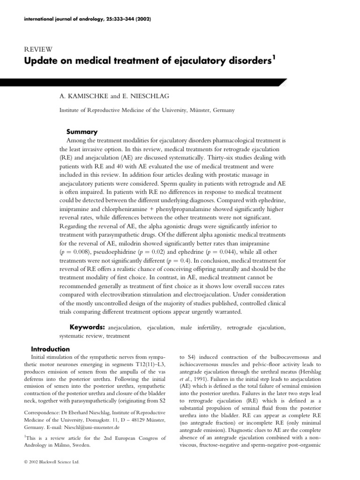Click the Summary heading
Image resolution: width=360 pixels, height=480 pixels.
coord(82,132)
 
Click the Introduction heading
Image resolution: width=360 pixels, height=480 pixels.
coord(50,349)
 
